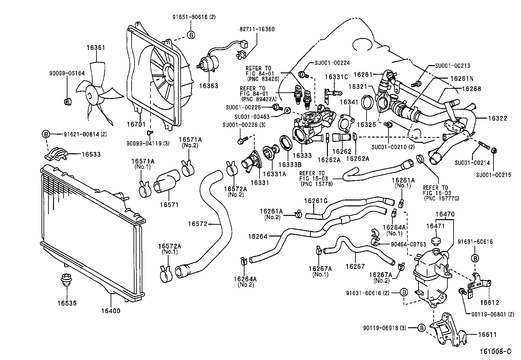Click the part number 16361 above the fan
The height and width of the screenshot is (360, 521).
tap(96, 47)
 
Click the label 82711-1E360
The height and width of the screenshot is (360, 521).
tap(257, 29)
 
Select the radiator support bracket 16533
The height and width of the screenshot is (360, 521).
tap(56, 154)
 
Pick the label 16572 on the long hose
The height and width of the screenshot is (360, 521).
tap(197, 224)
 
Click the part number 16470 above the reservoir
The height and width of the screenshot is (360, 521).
tap(445, 215)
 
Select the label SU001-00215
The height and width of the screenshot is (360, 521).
tap(494, 175)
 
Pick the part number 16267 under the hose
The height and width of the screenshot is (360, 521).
tap(355, 266)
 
